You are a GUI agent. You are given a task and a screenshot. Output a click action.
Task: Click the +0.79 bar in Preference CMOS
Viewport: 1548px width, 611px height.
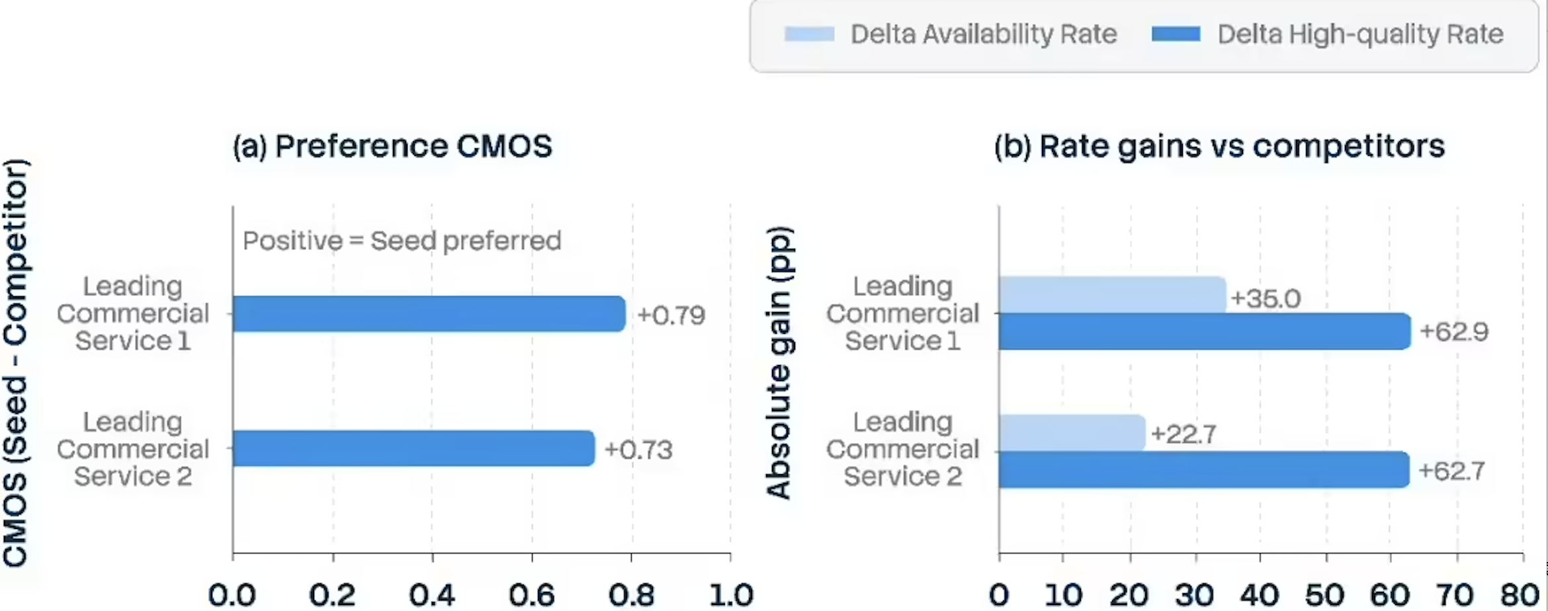point(429,313)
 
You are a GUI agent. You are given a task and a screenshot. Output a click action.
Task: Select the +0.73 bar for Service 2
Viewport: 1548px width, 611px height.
point(414,448)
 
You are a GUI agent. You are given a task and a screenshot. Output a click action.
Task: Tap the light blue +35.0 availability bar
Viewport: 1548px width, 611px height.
point(1113,295)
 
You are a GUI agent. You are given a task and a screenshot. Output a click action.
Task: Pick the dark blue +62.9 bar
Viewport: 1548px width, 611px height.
point(1205,331)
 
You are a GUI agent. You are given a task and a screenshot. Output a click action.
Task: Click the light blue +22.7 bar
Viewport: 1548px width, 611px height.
point(1072,433)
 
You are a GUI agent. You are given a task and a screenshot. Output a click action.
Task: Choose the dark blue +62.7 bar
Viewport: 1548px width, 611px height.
point(1204,469)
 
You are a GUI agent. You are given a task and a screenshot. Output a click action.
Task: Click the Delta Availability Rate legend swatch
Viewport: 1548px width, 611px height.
point(809,34)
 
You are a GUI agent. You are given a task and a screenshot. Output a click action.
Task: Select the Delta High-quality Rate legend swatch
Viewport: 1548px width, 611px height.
point(1176,34)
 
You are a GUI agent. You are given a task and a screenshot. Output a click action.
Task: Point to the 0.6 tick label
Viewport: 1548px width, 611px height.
point(532,594)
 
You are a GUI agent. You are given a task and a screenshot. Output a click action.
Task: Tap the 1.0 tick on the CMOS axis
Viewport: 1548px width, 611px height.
point(730,594)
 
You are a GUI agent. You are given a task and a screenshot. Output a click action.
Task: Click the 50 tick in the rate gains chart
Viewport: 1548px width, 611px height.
point(1325,594)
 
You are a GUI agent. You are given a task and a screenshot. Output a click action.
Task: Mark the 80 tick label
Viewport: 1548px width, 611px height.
point(1520,594)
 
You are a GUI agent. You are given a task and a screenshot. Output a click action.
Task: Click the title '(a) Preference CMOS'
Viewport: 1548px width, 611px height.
point(392,146)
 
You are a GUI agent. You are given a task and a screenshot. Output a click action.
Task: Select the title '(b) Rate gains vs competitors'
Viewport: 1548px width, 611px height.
point(1219,146)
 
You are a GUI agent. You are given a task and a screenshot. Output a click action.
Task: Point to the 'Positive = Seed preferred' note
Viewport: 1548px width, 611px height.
point(402,241)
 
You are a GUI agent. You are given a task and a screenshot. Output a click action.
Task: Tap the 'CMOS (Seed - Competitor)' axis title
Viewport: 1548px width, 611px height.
point(16,362)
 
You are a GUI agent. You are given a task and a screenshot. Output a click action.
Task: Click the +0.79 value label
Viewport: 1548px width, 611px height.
point(671,315)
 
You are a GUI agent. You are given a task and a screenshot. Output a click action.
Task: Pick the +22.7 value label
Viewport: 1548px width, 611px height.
point(1183,434)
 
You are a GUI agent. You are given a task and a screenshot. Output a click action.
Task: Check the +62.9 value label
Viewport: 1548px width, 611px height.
point(1454,331)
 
